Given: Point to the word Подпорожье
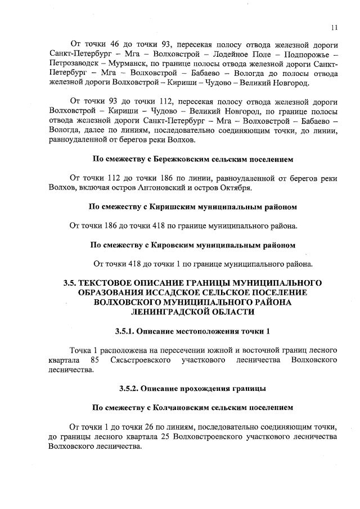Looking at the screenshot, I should click(305, 54).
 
